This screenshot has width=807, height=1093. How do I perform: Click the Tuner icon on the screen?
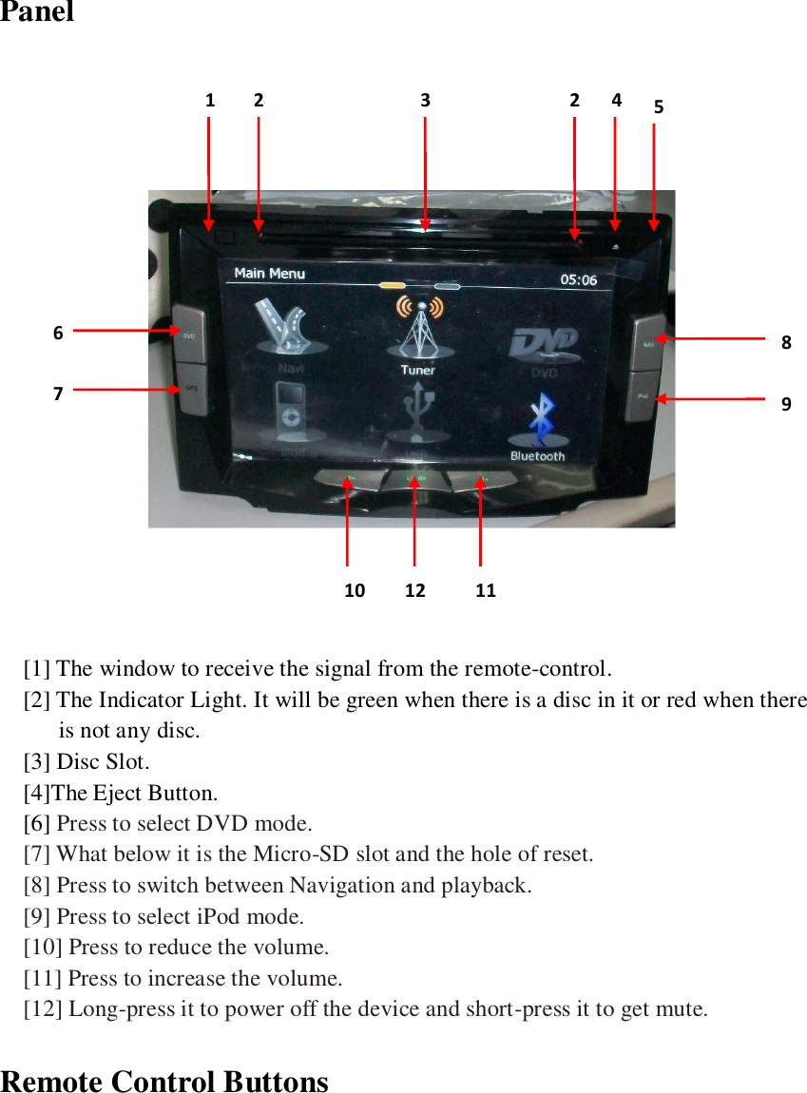418,333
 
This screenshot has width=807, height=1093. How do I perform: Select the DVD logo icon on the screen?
545,347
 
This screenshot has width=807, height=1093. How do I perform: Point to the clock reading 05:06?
578,280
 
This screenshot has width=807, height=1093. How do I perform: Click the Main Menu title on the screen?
270,274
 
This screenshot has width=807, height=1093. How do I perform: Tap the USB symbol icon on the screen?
417,409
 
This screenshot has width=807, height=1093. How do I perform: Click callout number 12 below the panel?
415,590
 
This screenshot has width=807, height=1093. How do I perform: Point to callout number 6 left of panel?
58,334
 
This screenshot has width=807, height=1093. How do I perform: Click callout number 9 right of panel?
786,403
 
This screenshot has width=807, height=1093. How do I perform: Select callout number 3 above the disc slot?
425,99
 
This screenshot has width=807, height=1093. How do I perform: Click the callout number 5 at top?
659,107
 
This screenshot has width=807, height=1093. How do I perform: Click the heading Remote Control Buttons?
164,1082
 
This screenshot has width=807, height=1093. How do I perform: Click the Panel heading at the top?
36,12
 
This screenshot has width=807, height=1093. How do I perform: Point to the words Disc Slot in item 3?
103,761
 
